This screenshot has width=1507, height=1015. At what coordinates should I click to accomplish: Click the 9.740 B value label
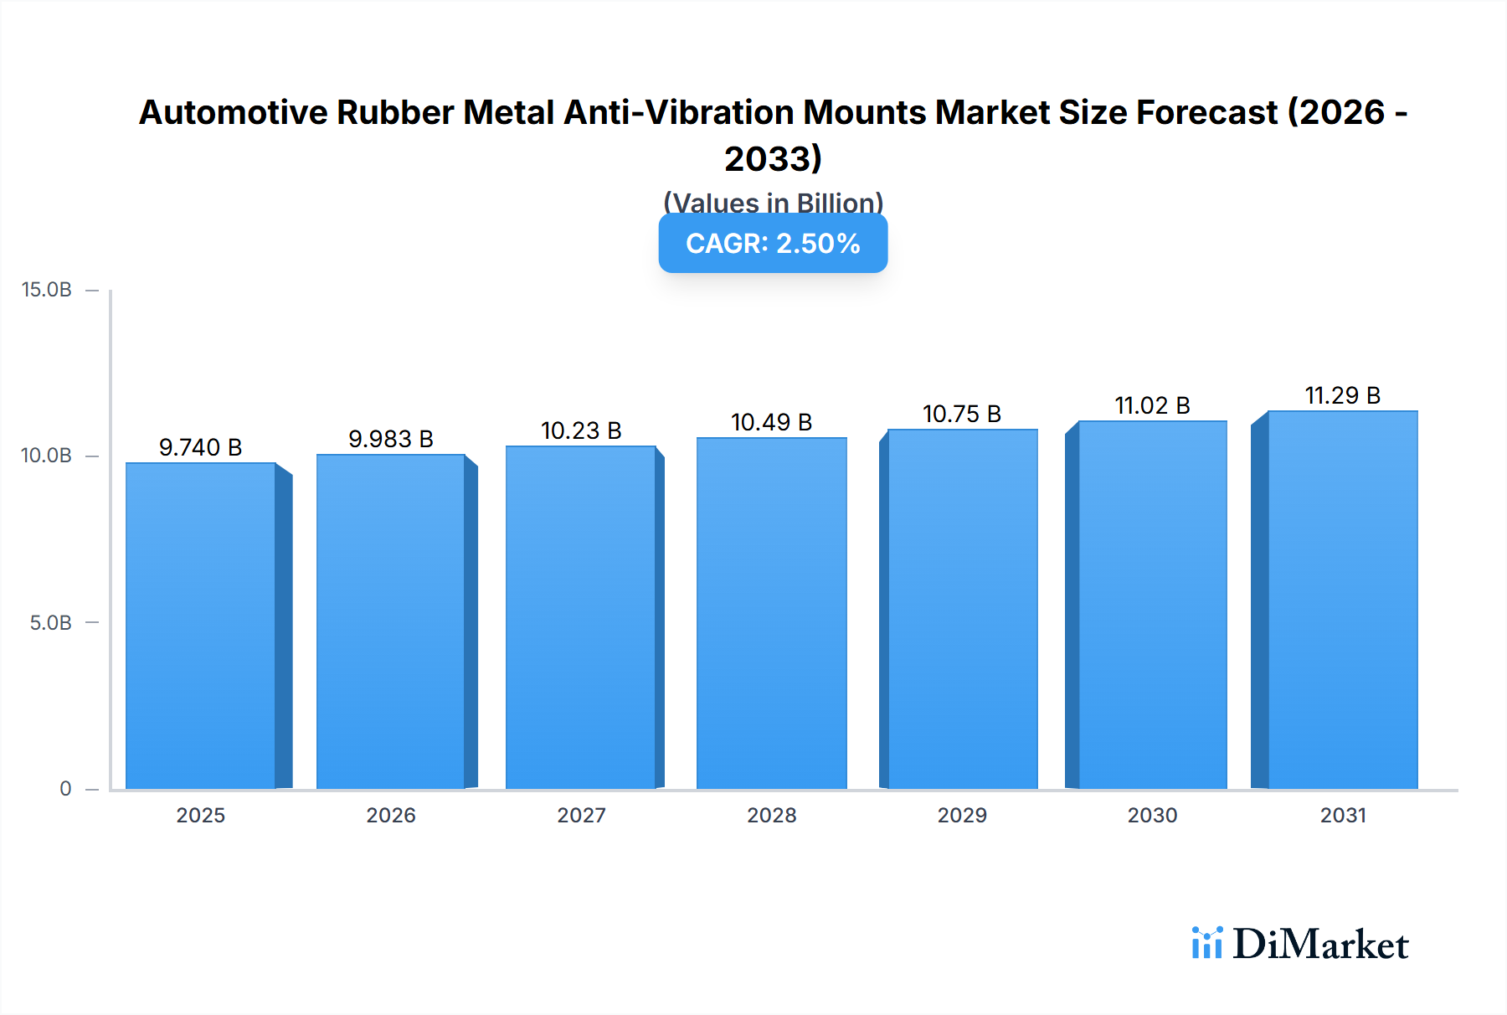[x=201, y=447]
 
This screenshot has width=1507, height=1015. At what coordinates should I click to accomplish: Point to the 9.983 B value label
[x=391, y=439]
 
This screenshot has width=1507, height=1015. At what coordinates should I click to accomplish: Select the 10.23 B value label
[x=581, y=430]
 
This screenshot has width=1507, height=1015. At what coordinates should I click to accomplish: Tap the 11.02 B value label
[x=1152, y=405]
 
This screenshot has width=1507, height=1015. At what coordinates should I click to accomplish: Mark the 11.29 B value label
[x=1343, y=395]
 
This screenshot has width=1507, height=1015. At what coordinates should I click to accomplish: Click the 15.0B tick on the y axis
[x=47, y=290]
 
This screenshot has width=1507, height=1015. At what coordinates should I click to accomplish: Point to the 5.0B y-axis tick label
[x=50, y=623]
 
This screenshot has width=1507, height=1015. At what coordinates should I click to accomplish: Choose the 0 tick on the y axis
[x=65, y=789]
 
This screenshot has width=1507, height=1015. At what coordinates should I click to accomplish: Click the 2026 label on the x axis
[x=391, y=815]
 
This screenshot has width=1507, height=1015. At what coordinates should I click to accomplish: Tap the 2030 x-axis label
[x=1152, y=815]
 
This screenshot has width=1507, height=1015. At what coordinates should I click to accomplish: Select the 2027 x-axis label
[x=581, y=815]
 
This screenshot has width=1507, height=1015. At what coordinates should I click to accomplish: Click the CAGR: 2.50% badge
[x=773, y=243]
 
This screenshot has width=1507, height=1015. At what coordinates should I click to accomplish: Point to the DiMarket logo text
[x=1320, y=945]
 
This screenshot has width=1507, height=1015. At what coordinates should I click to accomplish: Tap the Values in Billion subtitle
[x=773, y=203]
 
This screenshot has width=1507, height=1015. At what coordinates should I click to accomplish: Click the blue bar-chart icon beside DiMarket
[x=1206, y=943]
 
